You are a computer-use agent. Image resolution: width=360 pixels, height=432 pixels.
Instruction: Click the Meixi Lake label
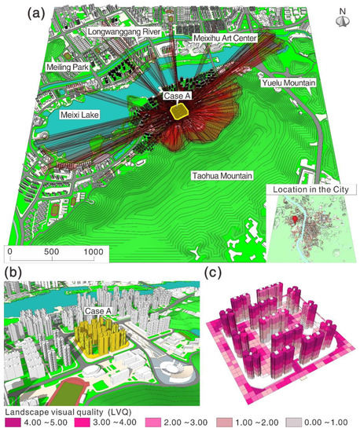80,115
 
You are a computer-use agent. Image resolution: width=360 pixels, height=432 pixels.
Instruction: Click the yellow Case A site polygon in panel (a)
181,112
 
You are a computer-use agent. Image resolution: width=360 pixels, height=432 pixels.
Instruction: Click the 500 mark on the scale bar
52,251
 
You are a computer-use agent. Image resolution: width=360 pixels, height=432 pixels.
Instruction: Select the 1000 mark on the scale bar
93,251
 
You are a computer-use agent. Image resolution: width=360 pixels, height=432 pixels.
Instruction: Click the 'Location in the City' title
312,191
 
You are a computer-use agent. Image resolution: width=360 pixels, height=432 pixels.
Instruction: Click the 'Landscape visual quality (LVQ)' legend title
72,411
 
